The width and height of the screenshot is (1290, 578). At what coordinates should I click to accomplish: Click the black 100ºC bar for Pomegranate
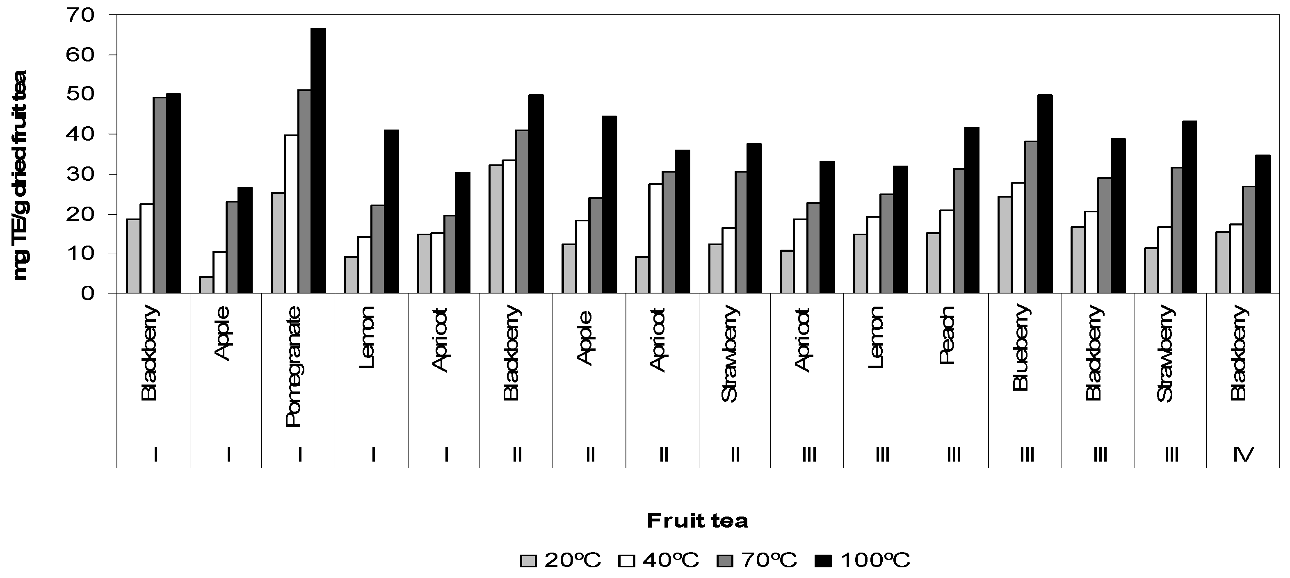pyautogui.click(x=318, y=161)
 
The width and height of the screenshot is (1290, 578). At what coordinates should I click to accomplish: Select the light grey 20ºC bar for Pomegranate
pyautogui.click(x=278, y=243)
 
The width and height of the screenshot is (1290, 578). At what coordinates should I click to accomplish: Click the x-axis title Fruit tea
pyautogui.click(x=697, y=521)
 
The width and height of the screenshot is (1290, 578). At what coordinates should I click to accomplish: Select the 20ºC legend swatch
pyautogui.click(x=528, y=561)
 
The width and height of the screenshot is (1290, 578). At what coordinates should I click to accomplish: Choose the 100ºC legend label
pyautogui.click(x=875, y=560)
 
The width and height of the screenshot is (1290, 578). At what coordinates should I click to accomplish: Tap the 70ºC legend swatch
pyautogui.click(x=725, y=561)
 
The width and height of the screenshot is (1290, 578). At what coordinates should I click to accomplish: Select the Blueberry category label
pyautogui.click(x=1021, y=347)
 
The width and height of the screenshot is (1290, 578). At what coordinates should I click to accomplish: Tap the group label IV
pyautogui.click(x=1243, y=454)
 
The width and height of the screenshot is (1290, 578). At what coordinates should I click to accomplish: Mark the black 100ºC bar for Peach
pyautogui.click(x=972, y=210)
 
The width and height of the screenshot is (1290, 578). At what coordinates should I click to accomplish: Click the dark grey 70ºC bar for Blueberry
pyautogui.click(x=1032, y=217)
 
